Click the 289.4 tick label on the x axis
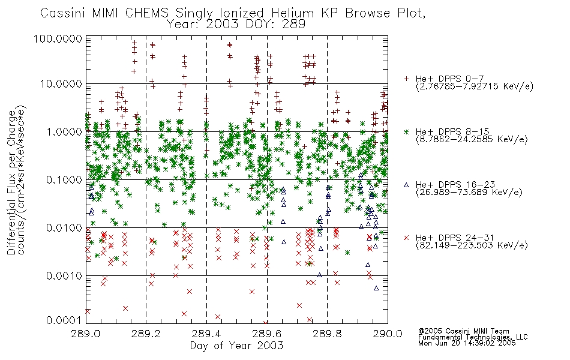coord(206,334)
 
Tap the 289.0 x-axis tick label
coord(86,334)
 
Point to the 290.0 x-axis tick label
coord(388,334)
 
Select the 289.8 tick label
coord(327,334)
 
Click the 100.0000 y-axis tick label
coord(58,38)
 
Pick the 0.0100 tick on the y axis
coord(64,228)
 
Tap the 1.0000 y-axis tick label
coord(64,131)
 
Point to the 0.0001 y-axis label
coord(64,320)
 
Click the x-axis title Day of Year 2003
coord(236,346)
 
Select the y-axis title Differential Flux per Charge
coord(11,182)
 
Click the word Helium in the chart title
coord(292,13)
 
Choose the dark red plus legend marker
coord(406,79)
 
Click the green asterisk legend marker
coord(406,131)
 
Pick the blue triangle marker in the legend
coord(406,185)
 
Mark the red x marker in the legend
coord(406,238)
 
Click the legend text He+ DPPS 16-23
coord(455,185)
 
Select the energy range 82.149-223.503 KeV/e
coord(472,245)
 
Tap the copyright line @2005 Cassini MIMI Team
coord(463,331)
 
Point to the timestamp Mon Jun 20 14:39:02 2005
coord(467,343)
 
